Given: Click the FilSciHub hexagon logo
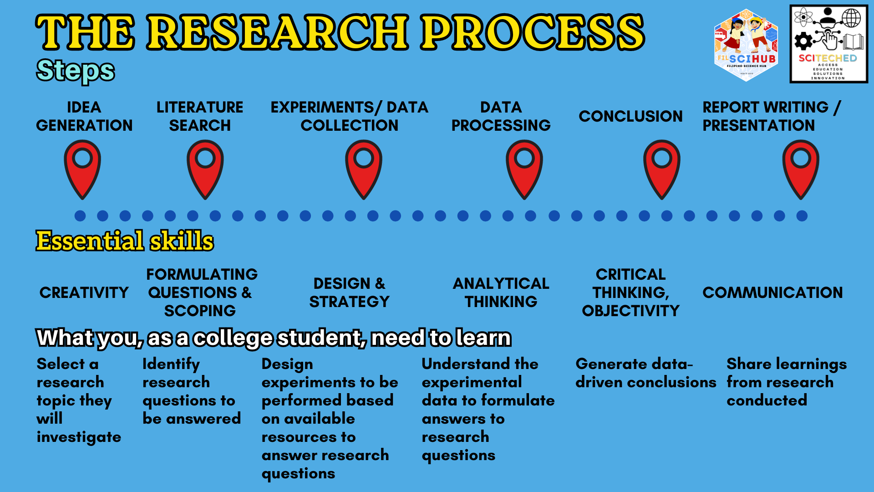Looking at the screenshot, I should tap(746, 45).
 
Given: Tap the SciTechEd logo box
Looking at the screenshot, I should tap(828, 44).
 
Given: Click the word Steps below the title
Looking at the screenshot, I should tap(76, 71).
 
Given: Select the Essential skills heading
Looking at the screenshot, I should tap(125, 241).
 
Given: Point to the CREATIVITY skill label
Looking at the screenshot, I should tap(84, 292).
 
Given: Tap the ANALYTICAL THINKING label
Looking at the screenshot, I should tap(501, 292).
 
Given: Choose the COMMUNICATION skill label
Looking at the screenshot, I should tap(772, 292).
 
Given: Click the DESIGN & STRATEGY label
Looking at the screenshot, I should tap(349, 292).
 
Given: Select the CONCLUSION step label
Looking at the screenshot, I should tap(630, 116).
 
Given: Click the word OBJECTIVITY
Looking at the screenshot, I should tap(630, 311).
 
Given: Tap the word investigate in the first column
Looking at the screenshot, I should tap(79, 437).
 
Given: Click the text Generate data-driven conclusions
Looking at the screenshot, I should tap(645, 373).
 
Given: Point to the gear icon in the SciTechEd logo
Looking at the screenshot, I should tap(803, 41).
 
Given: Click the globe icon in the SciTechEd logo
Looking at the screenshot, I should tap(851, 18).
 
